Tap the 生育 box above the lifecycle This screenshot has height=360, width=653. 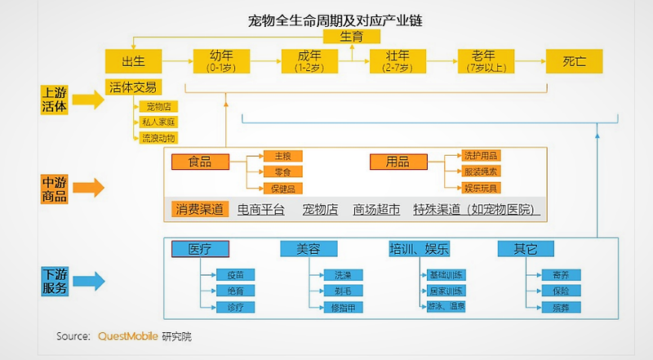(352, 36)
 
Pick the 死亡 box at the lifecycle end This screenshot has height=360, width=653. (574, 61)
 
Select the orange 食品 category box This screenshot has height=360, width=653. (200, 162)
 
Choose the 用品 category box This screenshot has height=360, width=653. (398, 162)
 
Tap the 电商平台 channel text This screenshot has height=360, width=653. (261, 210)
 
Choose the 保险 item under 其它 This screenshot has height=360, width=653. (560, 291)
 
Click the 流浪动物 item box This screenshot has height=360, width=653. (158, 138)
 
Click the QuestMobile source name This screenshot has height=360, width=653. (127, 336)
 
